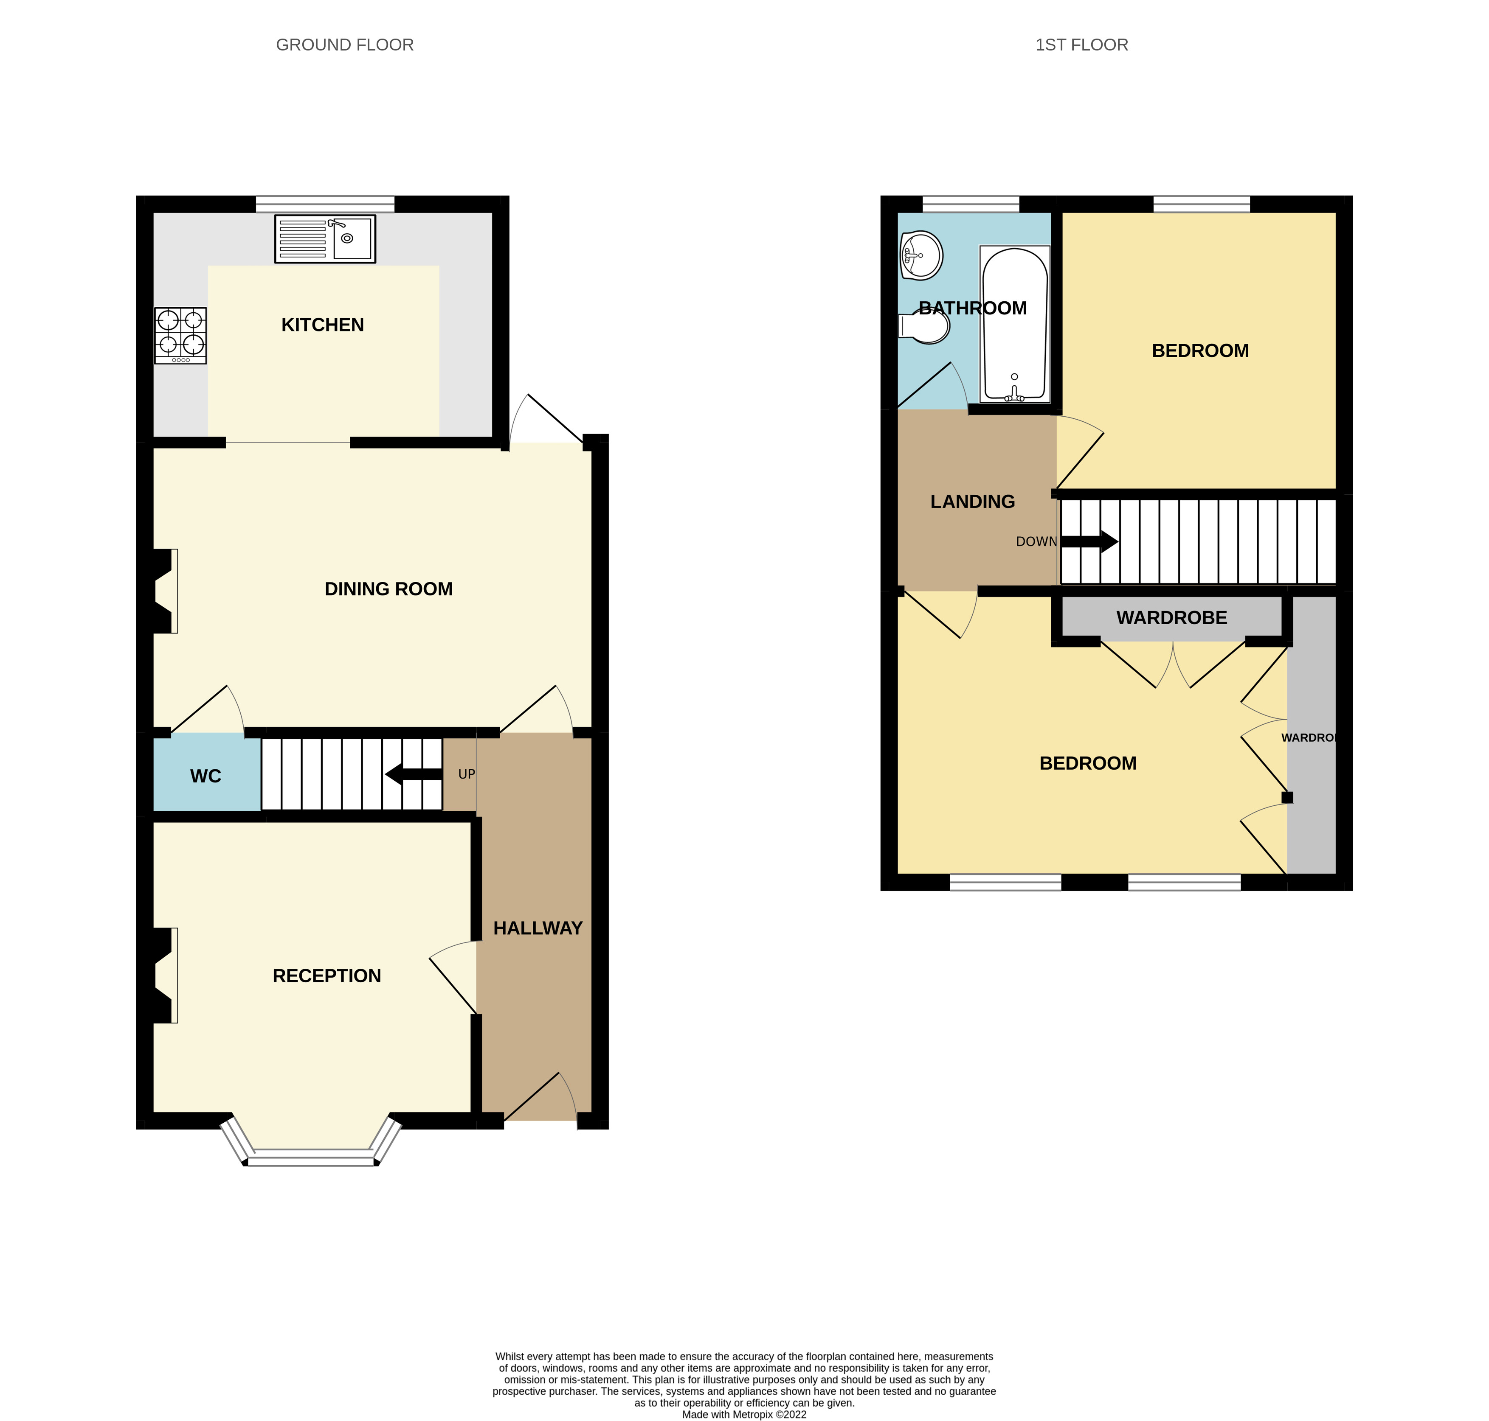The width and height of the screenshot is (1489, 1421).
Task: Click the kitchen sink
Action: tap(324, 238)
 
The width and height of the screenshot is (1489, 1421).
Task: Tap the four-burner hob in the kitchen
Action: tap(180, 335)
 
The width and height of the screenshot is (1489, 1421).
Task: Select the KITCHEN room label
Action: tap(322, 325)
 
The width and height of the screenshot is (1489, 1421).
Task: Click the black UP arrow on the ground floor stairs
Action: tap(413, 774)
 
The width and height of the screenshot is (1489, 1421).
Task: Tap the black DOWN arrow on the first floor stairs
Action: tap(1089, 541)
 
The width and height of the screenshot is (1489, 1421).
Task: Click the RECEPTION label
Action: tap(327, 975)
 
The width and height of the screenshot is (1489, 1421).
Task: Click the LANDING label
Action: tap(972, 502)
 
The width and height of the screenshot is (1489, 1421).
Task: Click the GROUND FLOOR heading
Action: tap(345, 45)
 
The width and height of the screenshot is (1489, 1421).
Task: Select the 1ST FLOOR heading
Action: tap(1081, 45)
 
